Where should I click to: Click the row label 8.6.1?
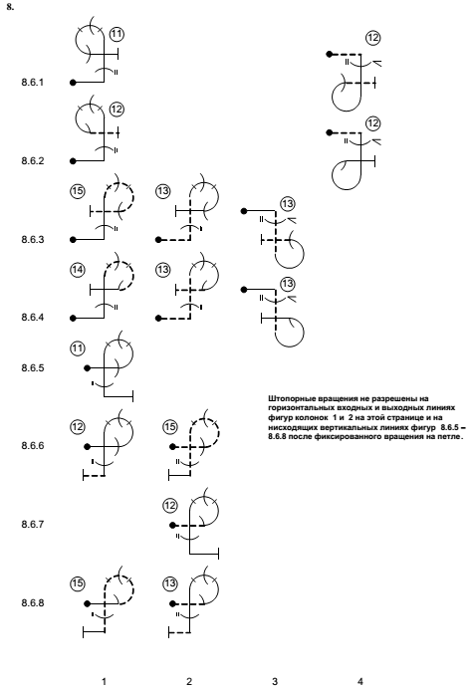point(33,83)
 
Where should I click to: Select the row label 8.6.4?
point(33,318)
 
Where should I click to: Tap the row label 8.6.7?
point(33,525)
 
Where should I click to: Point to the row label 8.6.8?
point(33,602)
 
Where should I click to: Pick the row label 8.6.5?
point(33,367)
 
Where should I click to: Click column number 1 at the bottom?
point(104,681)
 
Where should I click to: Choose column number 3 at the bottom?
point(275,681)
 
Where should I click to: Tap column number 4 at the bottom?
point(359,681)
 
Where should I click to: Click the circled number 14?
point(77,269)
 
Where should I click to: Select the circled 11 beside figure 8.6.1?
point(117,34)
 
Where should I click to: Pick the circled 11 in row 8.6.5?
point(77,348)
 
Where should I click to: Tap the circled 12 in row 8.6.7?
point(169,505)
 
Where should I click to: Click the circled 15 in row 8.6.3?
point(77,191)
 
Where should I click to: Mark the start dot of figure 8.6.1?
point(73,83)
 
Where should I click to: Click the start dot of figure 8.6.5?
point(88,368)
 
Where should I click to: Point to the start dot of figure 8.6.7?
point(172,526)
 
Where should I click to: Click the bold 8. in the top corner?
point(10,7)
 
